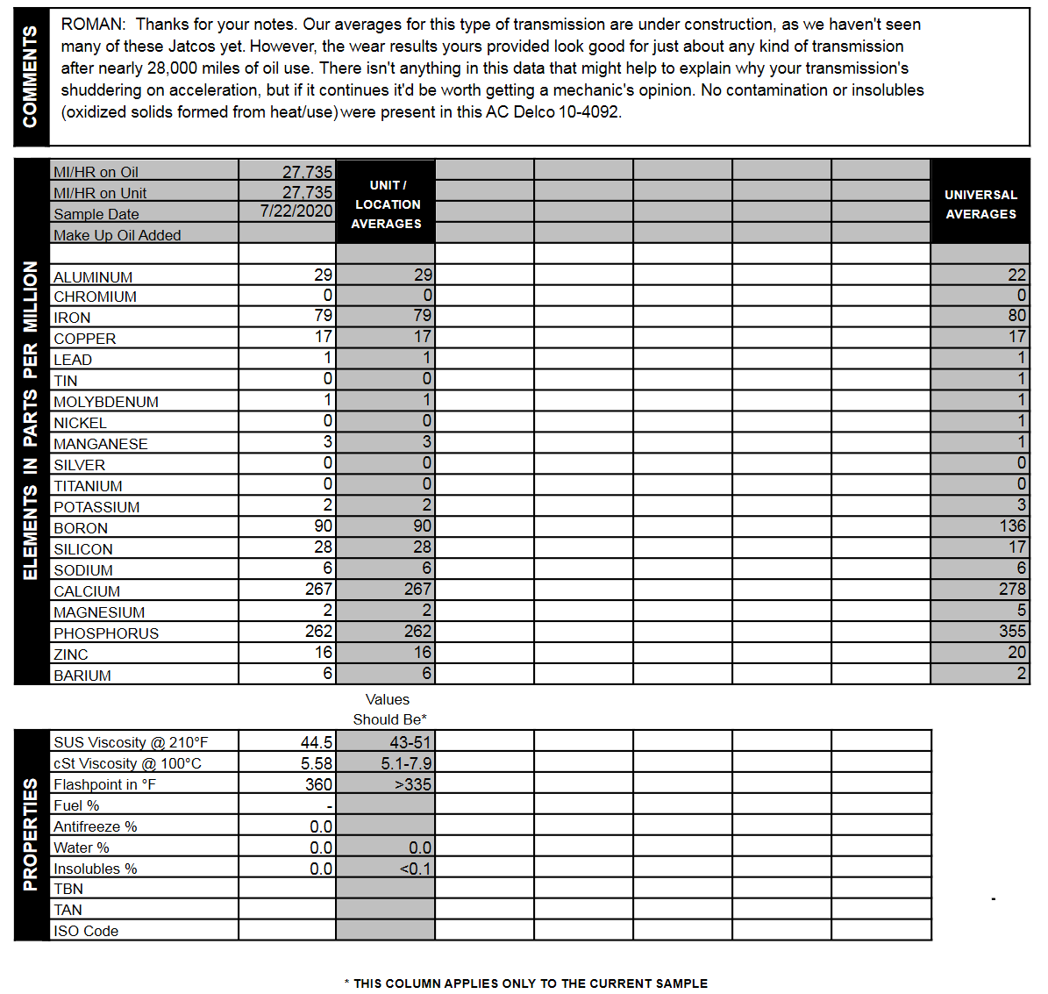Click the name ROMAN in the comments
pyautogui.click(x=92, y=25)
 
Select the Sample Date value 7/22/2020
pyautogui.click(x=296, y=211)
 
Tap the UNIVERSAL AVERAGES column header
pyautogui.click(x=980, y=204)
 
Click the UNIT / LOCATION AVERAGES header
pyautogui.click(x=387, y=204)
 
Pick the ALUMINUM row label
pyautogui.click(x=93, y=277)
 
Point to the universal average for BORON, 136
pyautogui.click(x=1012, y=526)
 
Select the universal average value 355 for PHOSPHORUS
pyautogui.click(x=1012, y=632)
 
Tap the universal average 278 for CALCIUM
pyautogui.click(x=1012, y=590)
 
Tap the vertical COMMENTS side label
pyautogui.click(x=31, y=77)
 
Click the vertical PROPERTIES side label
pyautogui.click(x=31, y=834)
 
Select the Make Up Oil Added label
pyautogui.click(x=118, y=235)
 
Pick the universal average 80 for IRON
pyautogui.click(x=1016, y=316)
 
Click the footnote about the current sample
pyautogui.click(x=526, y=983)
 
